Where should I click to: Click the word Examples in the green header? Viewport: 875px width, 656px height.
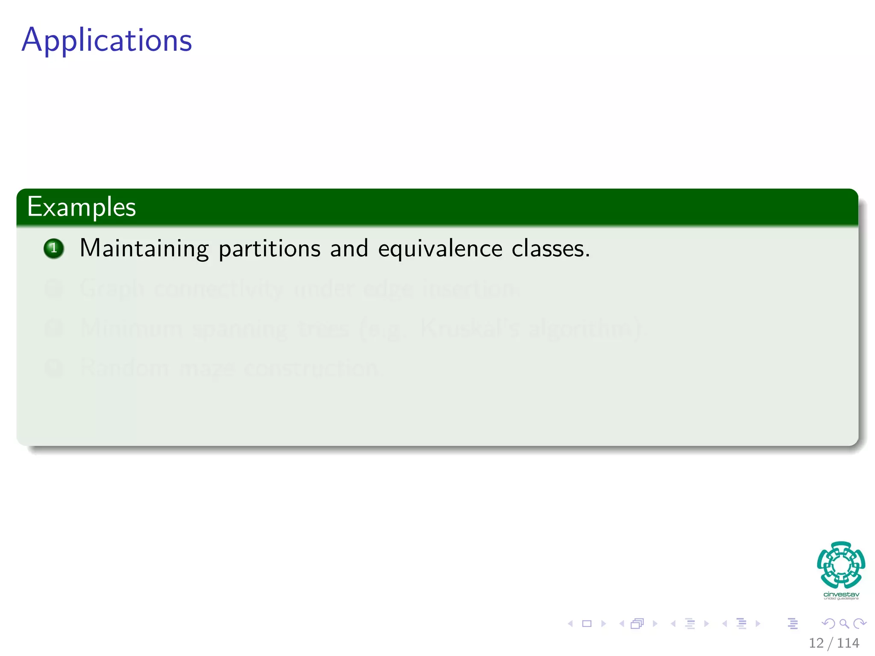[81, 207]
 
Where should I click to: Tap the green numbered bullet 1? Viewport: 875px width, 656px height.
[54, 248]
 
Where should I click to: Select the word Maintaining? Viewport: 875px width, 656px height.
[144, 248]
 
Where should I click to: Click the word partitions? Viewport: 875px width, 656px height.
[269, 248]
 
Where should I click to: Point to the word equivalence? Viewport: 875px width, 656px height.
[440, 248]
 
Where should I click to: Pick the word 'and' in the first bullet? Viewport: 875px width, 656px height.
[349, 248]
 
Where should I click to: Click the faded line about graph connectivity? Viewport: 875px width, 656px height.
[299, 288]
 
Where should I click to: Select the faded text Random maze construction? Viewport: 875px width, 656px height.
[229, 367]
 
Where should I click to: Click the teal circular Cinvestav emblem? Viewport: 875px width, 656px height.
[841, 565]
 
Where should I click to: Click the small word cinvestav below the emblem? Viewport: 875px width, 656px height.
[841, 594]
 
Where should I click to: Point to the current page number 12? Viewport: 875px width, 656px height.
[816, 643]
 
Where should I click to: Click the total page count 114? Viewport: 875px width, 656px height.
[848, 643]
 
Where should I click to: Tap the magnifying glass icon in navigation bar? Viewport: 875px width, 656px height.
[844, 624]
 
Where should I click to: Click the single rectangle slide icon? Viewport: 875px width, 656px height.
[587, 624]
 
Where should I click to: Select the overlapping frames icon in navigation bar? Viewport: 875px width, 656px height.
[637, 624]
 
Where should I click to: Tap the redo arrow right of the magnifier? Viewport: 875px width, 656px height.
[859, 624]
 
